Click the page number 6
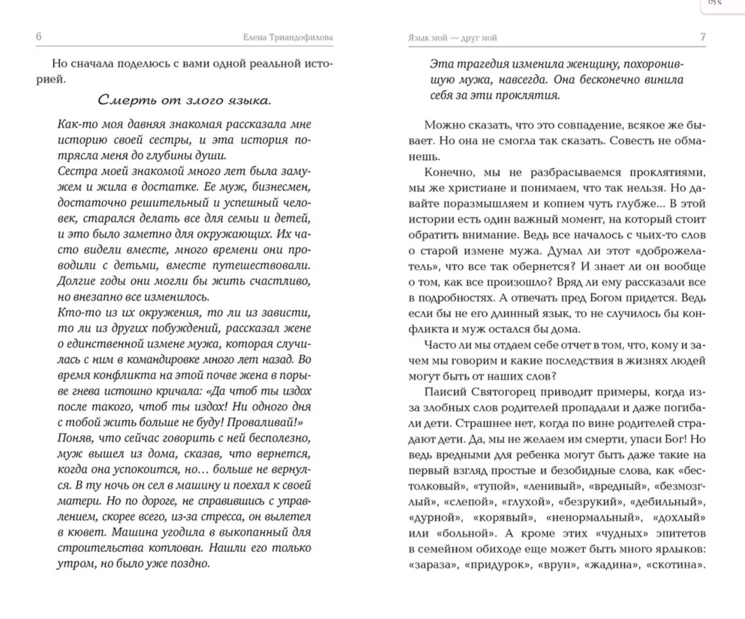39,37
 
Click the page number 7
703,37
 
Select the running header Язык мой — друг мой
452,38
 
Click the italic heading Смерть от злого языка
184,101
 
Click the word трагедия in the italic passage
483,64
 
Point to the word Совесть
632,141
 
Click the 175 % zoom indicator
715,3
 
